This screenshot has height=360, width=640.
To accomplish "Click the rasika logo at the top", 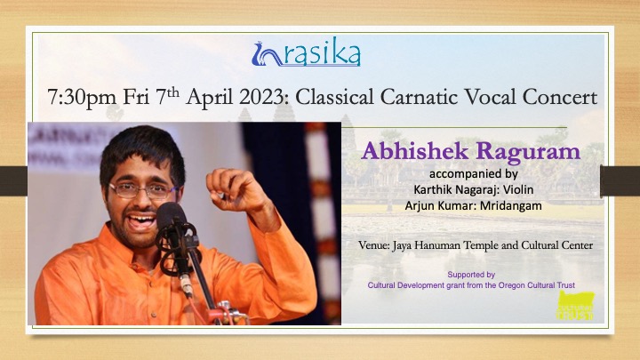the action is (306, 52).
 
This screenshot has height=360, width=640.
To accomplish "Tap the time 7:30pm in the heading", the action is (82, 98).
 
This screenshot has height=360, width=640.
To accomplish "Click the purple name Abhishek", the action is (415, 151).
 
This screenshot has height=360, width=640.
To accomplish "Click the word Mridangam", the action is (510, 206).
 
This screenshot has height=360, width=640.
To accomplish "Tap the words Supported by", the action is (471, 275).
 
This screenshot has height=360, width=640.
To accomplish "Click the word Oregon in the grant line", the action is (510, 285).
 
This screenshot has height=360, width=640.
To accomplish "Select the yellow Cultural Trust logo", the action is (575, 305).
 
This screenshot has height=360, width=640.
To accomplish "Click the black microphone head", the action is (171, 215).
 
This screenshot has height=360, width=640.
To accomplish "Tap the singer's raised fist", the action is (229, 189).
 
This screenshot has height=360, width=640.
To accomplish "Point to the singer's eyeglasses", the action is (143, 190).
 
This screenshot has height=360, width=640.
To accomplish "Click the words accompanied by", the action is (474, 174).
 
